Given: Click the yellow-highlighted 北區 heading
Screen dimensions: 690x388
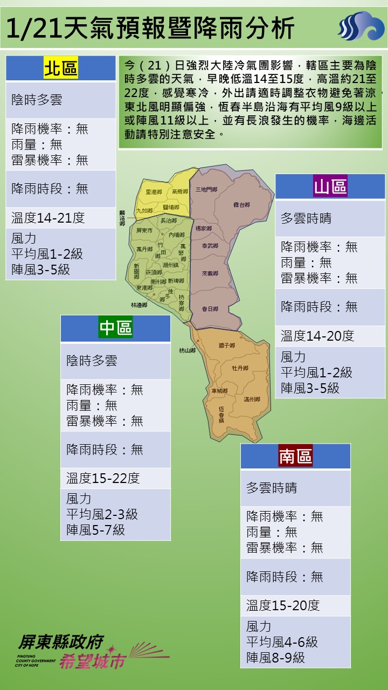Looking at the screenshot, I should (60, 68).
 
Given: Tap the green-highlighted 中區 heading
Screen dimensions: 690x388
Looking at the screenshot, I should (115, 328).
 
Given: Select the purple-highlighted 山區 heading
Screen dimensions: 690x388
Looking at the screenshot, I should (330, 187).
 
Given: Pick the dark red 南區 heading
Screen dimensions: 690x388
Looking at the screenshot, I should (295, 456).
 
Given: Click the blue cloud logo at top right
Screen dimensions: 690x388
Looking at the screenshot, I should (361, 26).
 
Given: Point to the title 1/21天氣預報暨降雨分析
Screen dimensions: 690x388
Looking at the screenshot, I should (151, 27).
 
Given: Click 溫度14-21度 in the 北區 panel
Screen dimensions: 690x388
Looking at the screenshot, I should (48, 218).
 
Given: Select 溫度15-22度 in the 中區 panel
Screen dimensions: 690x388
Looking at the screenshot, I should (103, 478).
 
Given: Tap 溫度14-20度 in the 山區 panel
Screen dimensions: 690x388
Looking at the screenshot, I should (317, 336).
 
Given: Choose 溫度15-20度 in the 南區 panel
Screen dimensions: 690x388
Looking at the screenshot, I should (283, 605).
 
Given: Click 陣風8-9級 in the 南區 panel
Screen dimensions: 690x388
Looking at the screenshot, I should (275, 657).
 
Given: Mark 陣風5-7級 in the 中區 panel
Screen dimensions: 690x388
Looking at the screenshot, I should (95, 529).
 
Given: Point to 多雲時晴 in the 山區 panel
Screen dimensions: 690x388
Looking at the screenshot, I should (306, 218).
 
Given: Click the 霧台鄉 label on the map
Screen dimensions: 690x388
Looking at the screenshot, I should (242, 205).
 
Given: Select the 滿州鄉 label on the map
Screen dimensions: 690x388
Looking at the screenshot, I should (252, 399).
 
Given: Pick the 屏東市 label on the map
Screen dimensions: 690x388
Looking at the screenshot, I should (144, 230).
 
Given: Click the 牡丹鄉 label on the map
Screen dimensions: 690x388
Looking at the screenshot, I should (240, 368).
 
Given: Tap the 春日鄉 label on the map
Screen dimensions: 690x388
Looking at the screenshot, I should (210, 309).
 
